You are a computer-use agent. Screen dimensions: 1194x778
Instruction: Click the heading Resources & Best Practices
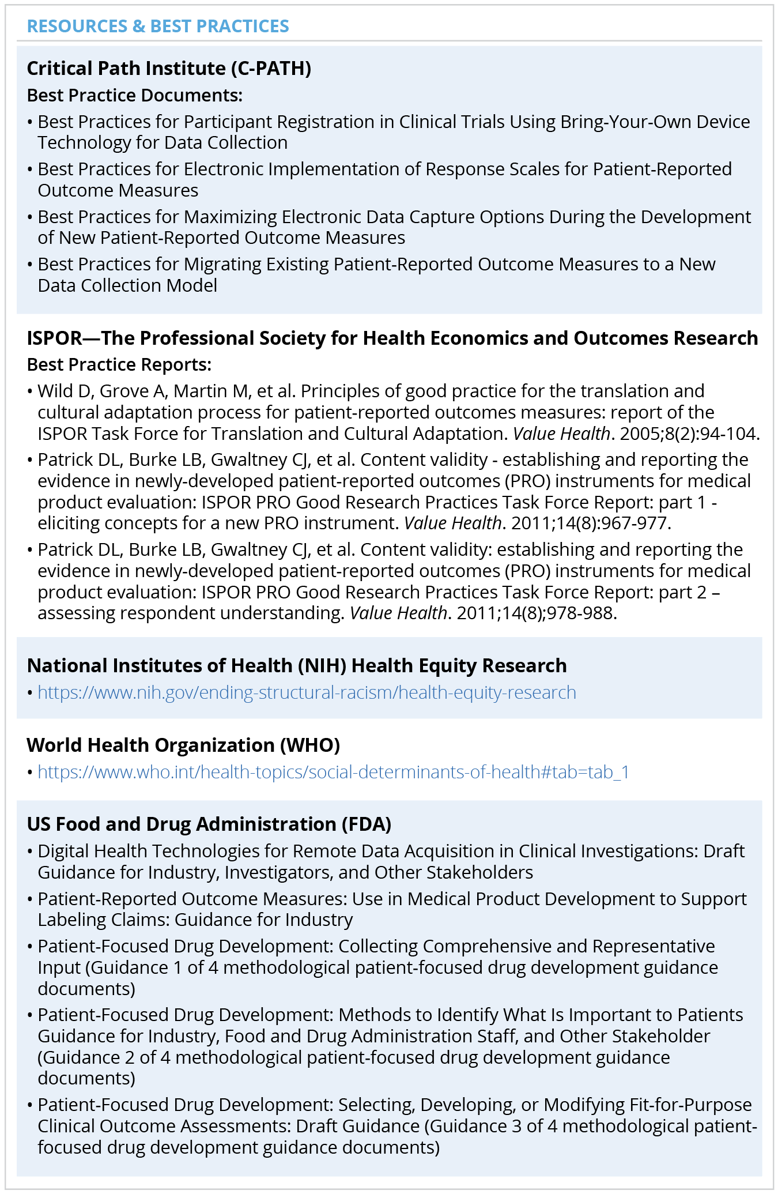click(158, 27)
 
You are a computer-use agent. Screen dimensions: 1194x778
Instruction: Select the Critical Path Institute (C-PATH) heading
click(169, 69)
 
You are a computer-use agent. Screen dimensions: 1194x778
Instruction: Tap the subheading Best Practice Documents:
click(135, 95)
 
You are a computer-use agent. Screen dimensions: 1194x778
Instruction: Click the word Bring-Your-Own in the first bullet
click(626, 122)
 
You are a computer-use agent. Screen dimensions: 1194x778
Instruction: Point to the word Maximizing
click(230, 217)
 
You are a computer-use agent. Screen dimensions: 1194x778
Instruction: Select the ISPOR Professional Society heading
click(392, 338)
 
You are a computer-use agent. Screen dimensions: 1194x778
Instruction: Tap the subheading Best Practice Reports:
click(119, 365)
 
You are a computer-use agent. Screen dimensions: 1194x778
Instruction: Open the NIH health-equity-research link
click(307, 692)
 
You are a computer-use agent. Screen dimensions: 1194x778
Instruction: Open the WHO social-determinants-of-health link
click(333, 772)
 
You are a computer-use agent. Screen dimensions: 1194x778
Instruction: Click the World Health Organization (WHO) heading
click(183, 745)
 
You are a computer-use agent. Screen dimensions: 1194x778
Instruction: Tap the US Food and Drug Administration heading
click(209, 824)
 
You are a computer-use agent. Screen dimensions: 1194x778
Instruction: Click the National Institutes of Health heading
click(297, 666)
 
